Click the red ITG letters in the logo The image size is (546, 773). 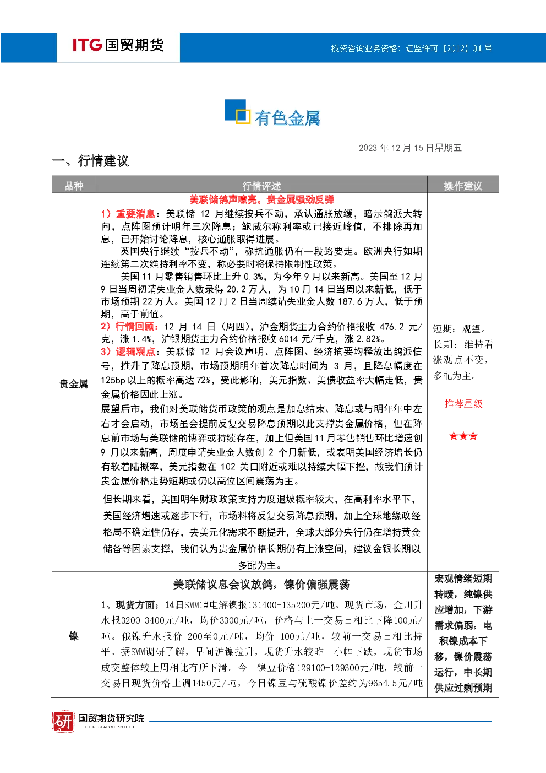87,45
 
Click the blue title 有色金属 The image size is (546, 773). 287,118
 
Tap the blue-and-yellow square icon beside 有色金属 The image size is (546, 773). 237,111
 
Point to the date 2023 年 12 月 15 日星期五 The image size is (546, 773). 410,148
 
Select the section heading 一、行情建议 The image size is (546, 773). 90,161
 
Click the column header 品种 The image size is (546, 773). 74,186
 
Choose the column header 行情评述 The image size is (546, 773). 261,186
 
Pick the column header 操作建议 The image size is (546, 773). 463,186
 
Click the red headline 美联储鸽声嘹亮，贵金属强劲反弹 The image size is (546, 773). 261,199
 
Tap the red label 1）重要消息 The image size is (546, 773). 128,214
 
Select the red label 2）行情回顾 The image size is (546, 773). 129,327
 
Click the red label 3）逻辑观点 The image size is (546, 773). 128,352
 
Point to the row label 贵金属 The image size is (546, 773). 74,384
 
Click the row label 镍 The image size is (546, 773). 74,636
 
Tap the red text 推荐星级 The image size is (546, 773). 463,404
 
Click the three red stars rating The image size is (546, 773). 463,436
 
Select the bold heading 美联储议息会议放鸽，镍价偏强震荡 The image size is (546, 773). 261,585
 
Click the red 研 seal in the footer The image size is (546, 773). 63,721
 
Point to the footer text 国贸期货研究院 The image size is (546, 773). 111,718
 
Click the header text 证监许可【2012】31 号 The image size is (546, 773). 449,48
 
